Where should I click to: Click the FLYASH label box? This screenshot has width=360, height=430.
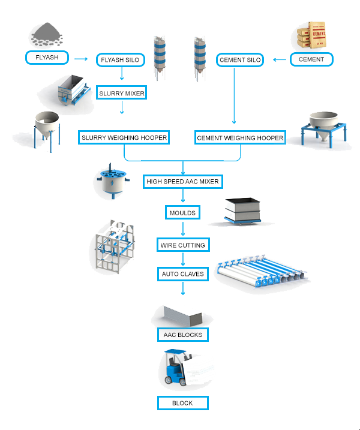(x=47, y=58)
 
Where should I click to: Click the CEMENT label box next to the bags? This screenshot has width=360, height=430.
(x=311, y=59)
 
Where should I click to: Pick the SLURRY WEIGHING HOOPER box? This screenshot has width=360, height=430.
(x=124, y=138)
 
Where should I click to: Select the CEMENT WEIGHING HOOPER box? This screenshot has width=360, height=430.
(x=240, y=138)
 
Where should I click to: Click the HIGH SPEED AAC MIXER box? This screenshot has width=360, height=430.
(x=183, y=181)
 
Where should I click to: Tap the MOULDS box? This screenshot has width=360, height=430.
(x=183, y=212)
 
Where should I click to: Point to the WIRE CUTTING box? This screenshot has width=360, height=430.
(x=183, y=245)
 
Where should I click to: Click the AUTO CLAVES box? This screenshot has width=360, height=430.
(x=183, y=274)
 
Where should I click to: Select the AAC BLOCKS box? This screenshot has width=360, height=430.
(x=183, y=335)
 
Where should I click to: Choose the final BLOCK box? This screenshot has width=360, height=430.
(x=183, y=403)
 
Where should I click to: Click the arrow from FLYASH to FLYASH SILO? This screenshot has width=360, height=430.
(x=79, y=59)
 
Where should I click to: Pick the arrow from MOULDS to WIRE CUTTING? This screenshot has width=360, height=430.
(x=183, y=228)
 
